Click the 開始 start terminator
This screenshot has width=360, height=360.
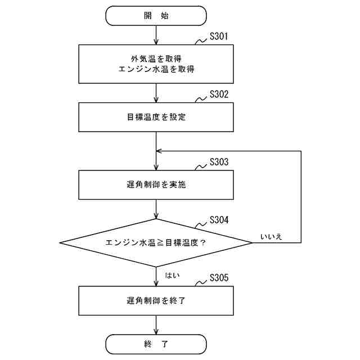click(156, 16)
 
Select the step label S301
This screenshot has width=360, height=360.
click(218, 38)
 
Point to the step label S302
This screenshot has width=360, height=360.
click(218, 94)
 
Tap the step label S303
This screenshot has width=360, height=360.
click(218, 162)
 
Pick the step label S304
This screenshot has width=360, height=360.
click(218, 219)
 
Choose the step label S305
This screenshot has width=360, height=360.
click(218, 278)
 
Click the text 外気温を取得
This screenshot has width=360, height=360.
click(156, 58)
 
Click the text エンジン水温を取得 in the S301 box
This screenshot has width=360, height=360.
click(156, 69)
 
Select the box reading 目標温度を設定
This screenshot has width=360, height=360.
click(156, 118)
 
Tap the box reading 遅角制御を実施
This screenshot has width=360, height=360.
click(156, 186)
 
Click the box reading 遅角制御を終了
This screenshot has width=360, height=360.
click(156, 301)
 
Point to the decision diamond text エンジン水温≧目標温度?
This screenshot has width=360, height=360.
click(156, 243)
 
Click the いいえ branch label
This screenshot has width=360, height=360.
click(271, 236)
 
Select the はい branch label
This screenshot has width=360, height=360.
click(172, 275)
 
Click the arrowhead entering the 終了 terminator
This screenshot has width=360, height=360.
click(156, 332)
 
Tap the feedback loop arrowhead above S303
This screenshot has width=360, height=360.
click(160, 151)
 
